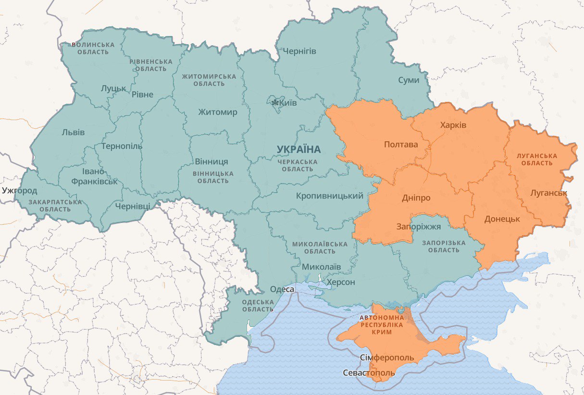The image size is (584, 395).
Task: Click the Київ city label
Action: pos(288,103)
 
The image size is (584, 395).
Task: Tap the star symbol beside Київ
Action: pos(275,103)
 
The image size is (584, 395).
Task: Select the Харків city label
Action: pos(453,125)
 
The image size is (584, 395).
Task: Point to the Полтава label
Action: pos(400,144)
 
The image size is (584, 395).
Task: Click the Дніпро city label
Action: pos(416,198)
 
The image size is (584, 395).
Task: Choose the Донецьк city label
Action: pos(502,219)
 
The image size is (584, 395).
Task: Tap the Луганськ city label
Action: pos(548,193)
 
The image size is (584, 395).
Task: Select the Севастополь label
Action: pos(369,373)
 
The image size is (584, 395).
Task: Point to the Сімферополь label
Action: pos(386,358)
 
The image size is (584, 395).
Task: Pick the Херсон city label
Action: pos(341,282)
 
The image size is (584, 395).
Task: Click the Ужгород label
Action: pos(19,190)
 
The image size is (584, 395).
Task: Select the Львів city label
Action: pos(73,132)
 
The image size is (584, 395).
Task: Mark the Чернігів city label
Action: pos(299,51)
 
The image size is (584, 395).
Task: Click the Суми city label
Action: pos(409,80)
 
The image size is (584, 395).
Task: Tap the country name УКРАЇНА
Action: pos(298,149)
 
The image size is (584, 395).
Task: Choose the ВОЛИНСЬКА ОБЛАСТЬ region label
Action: pos(93,49)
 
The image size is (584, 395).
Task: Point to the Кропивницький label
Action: pos(329,196)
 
